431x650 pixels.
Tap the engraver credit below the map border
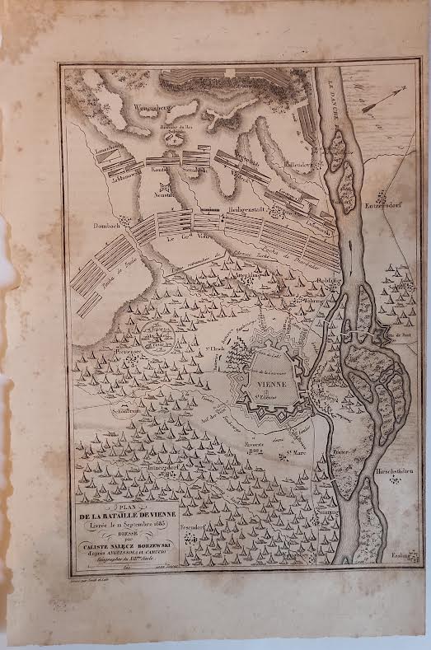pos(90,581)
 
